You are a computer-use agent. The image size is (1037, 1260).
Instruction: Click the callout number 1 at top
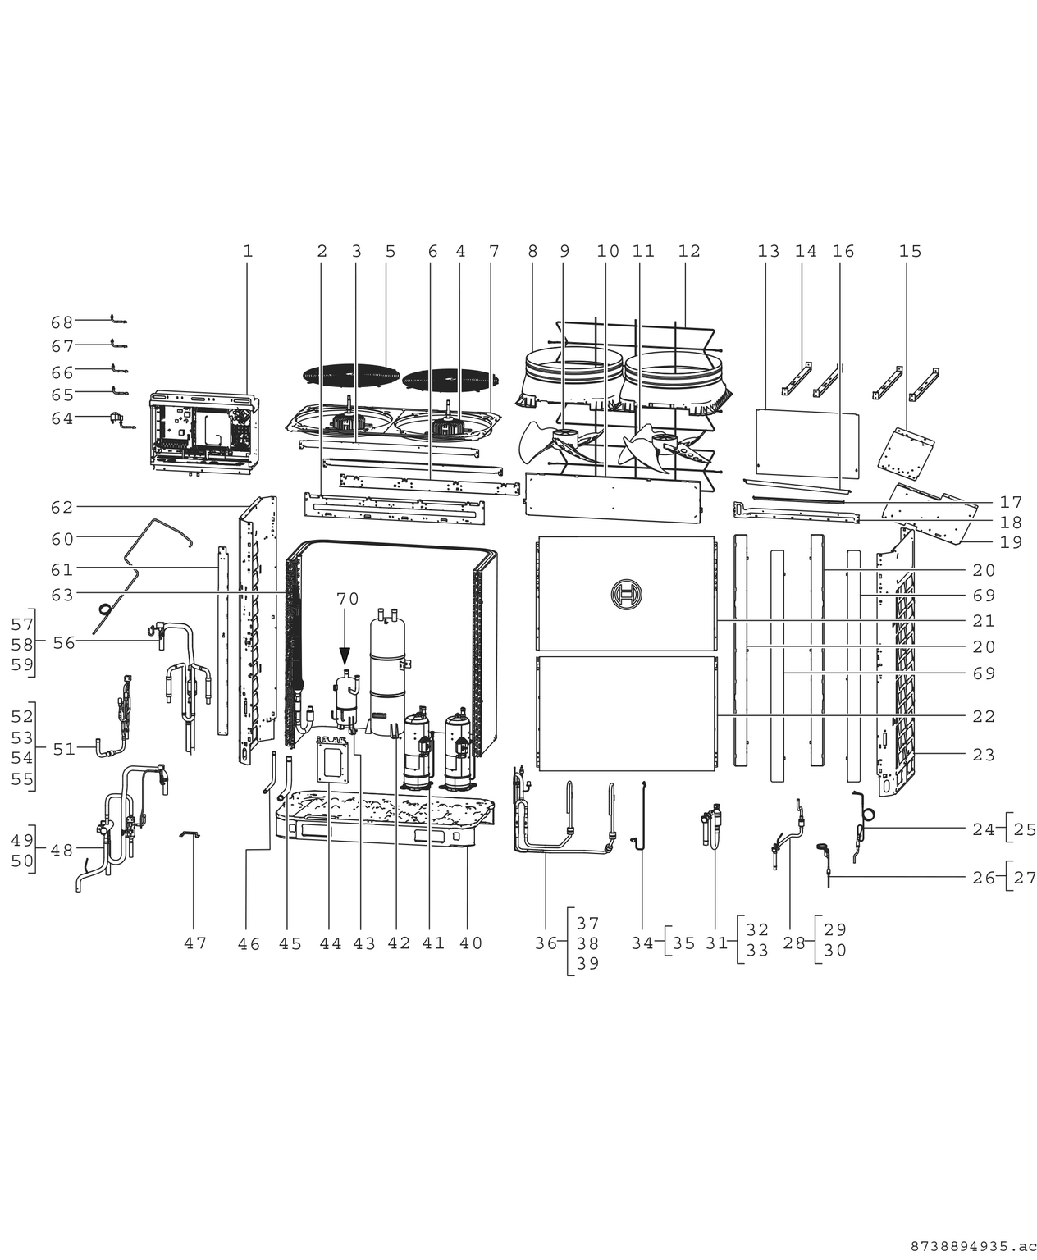[248, 252]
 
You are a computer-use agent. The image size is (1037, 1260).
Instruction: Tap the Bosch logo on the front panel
[626, 593]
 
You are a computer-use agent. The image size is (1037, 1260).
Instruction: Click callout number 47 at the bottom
[194, 944]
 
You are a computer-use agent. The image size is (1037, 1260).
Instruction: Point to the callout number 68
[62, 322]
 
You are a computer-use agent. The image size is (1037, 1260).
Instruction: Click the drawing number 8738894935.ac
[967, 1246]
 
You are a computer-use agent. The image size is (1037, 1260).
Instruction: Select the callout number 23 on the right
[984, 755]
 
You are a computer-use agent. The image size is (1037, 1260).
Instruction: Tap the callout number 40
[471, 944]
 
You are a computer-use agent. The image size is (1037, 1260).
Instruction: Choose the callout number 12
[689, 252]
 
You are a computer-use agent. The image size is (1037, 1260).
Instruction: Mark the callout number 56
[64, 643]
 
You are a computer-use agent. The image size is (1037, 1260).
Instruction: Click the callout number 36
[546, 944]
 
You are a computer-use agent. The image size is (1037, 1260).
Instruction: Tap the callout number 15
[910, 252]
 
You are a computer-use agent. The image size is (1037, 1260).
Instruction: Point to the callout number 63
[62, 594]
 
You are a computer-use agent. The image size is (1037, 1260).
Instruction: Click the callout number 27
[1026, 878]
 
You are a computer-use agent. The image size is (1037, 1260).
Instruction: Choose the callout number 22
[984, 717]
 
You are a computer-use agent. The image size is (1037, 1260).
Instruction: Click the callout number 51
[64, 749]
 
